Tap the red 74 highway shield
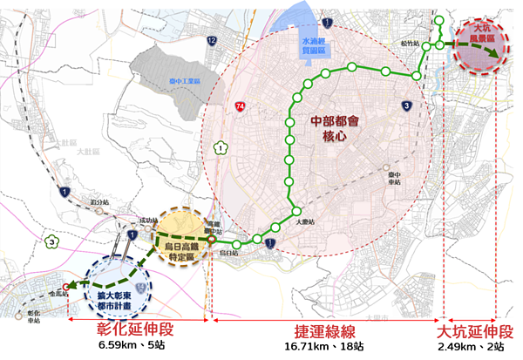click(239, 106)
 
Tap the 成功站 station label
click(127, 222)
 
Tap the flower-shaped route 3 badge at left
click(53, 241)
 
